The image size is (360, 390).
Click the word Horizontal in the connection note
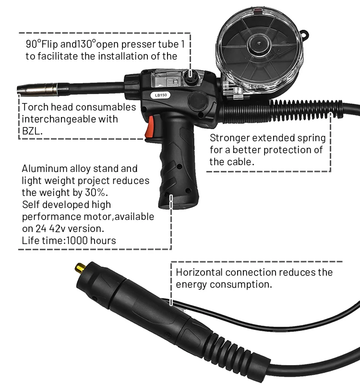click(x=199, y=272)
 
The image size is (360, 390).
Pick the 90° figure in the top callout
click(x=34, y=45)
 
